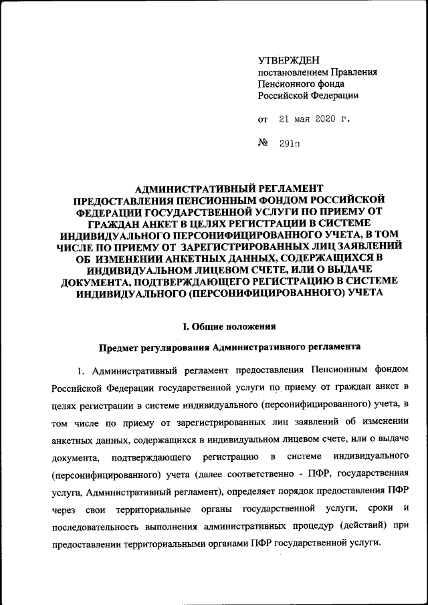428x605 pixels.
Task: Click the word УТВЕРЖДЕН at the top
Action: pyautogui.click(x=288, y=61)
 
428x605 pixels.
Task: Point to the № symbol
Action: pyautogui.click(x=263, y=144)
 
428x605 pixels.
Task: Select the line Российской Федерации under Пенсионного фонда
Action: pyautogui.click(x=308, y=95)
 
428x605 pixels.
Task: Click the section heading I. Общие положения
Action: pyautogui.click(x=229, y=326)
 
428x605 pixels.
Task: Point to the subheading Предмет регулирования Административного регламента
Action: pyautogui.click(x=229, y=347)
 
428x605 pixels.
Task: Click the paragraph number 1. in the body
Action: pyautogui.click(x=82, y=370)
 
